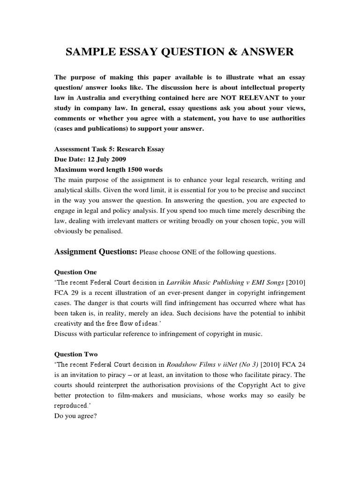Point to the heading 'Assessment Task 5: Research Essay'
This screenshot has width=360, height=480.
tap(110, 149)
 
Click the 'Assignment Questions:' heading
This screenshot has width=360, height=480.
tap(96, 252)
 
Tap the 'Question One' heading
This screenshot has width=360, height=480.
tap(75, 272)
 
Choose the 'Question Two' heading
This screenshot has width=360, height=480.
tap(76, 355)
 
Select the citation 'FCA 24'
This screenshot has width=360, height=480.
tap(292, 365)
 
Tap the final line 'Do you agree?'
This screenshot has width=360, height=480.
tap(75, 416)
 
